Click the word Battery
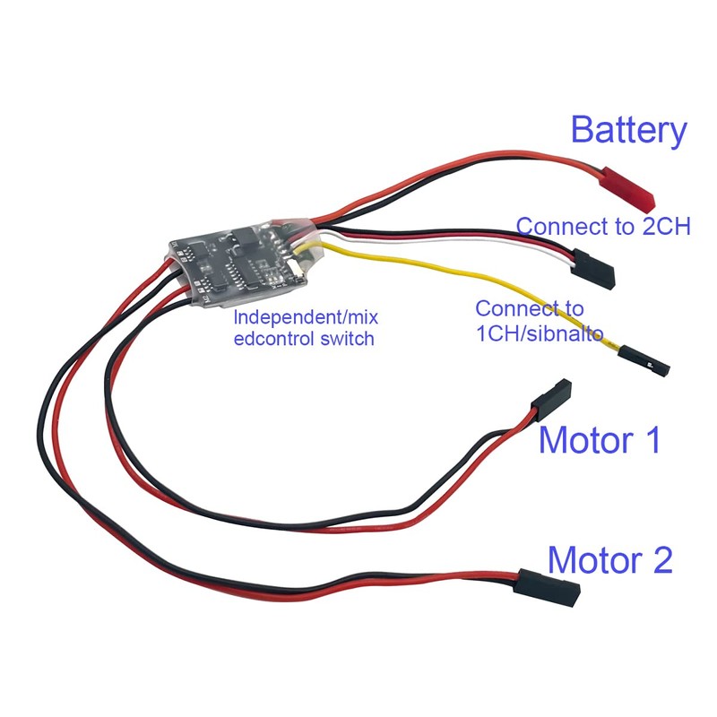click(x=628, y=131)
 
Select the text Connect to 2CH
click(x=603, y=226)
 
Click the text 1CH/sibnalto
click(x=540, y=333)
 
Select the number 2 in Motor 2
click(x=657, y=560)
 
